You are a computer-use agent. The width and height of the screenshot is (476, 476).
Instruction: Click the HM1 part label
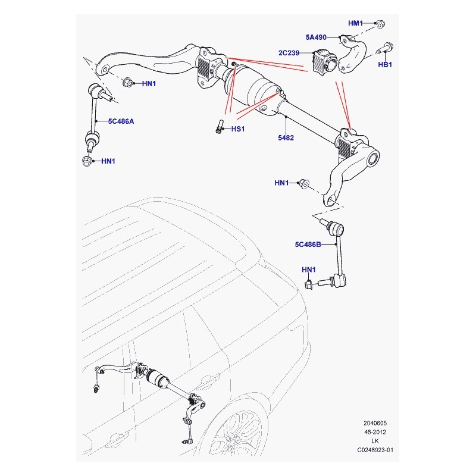pyautogui.click(x=355, y=23)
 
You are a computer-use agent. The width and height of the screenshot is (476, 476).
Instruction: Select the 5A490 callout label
pyautogui.click(x=316, y=37)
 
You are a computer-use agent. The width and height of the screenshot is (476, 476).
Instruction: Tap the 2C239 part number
pyautogui.click(x=289, y=53)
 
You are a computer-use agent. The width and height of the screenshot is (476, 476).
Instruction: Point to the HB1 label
pyautogui.click(x=384, y=64)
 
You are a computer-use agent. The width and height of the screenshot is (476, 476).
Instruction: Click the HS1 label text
pyautogui.click(x=237, y=129)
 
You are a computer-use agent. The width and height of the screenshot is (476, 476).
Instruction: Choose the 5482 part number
pyautogui.click(x=286, y=138)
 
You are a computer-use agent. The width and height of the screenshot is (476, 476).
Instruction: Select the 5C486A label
pyautogui.click(x=121, y=121)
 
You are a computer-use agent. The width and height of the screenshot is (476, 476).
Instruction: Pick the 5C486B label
pyautogui.click(x=308, y=245)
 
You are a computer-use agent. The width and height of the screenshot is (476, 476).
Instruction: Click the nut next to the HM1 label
pyautogui.click(x=380, y=24)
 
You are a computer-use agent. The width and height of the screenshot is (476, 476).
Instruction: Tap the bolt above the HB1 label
pyautogui.click(x=385, y=48)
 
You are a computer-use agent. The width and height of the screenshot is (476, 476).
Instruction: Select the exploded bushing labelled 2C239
pyautogui.click(x=324, y=62)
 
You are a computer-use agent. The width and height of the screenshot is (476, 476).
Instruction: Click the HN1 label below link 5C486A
pyautogui.click(x=108, y=161)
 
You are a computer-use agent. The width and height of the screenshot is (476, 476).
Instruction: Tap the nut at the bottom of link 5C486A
pyautogui.click(x=87, y=161)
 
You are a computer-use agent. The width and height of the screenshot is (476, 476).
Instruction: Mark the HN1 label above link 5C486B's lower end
pyautogui.click(x=308, y=270)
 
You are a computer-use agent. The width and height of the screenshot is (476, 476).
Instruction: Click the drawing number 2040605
pyautogui.click(x=375, y=423)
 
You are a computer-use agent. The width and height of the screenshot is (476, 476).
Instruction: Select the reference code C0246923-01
pyautogui.click(x=375, y=450)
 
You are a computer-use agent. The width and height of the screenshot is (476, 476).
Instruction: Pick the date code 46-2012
pyautogui.click(x=375, y=432)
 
